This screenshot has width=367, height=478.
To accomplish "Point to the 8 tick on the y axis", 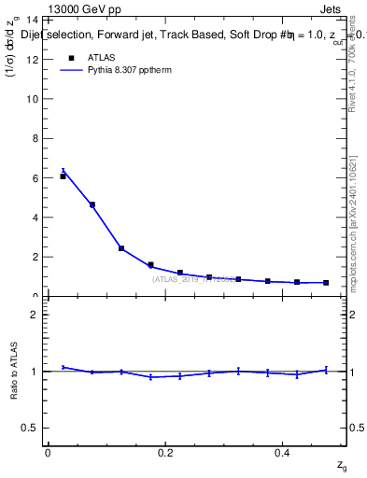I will (35, 138).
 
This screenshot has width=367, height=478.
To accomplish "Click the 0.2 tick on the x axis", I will (165, 453).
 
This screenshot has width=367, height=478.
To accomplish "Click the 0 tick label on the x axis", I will (48, 453).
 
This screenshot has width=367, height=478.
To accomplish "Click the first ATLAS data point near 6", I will (63, 176).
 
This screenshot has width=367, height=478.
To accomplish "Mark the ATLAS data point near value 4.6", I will (92, 204).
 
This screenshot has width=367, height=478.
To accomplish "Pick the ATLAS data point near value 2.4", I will (121, 248).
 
